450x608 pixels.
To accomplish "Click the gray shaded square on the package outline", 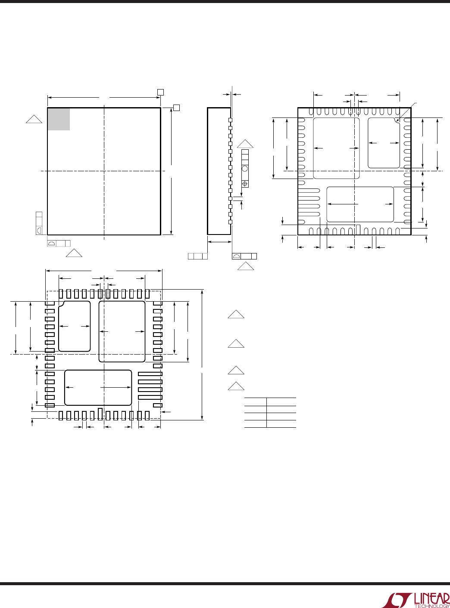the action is click(x=59, y=119).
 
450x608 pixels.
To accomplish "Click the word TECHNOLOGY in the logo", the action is click(x=432, y=606).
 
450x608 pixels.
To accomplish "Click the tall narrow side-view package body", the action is click(x=219, y=171).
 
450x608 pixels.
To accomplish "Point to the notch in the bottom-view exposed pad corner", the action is click(x=397, y=120).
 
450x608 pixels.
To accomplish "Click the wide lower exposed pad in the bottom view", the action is click(x=360, y=204).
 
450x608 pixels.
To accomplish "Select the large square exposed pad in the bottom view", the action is click(x=336, y=148).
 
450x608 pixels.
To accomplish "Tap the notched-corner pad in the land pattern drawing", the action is click(x=75, y=326).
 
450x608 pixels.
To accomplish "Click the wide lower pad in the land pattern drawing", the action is click(x=98, y=388).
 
